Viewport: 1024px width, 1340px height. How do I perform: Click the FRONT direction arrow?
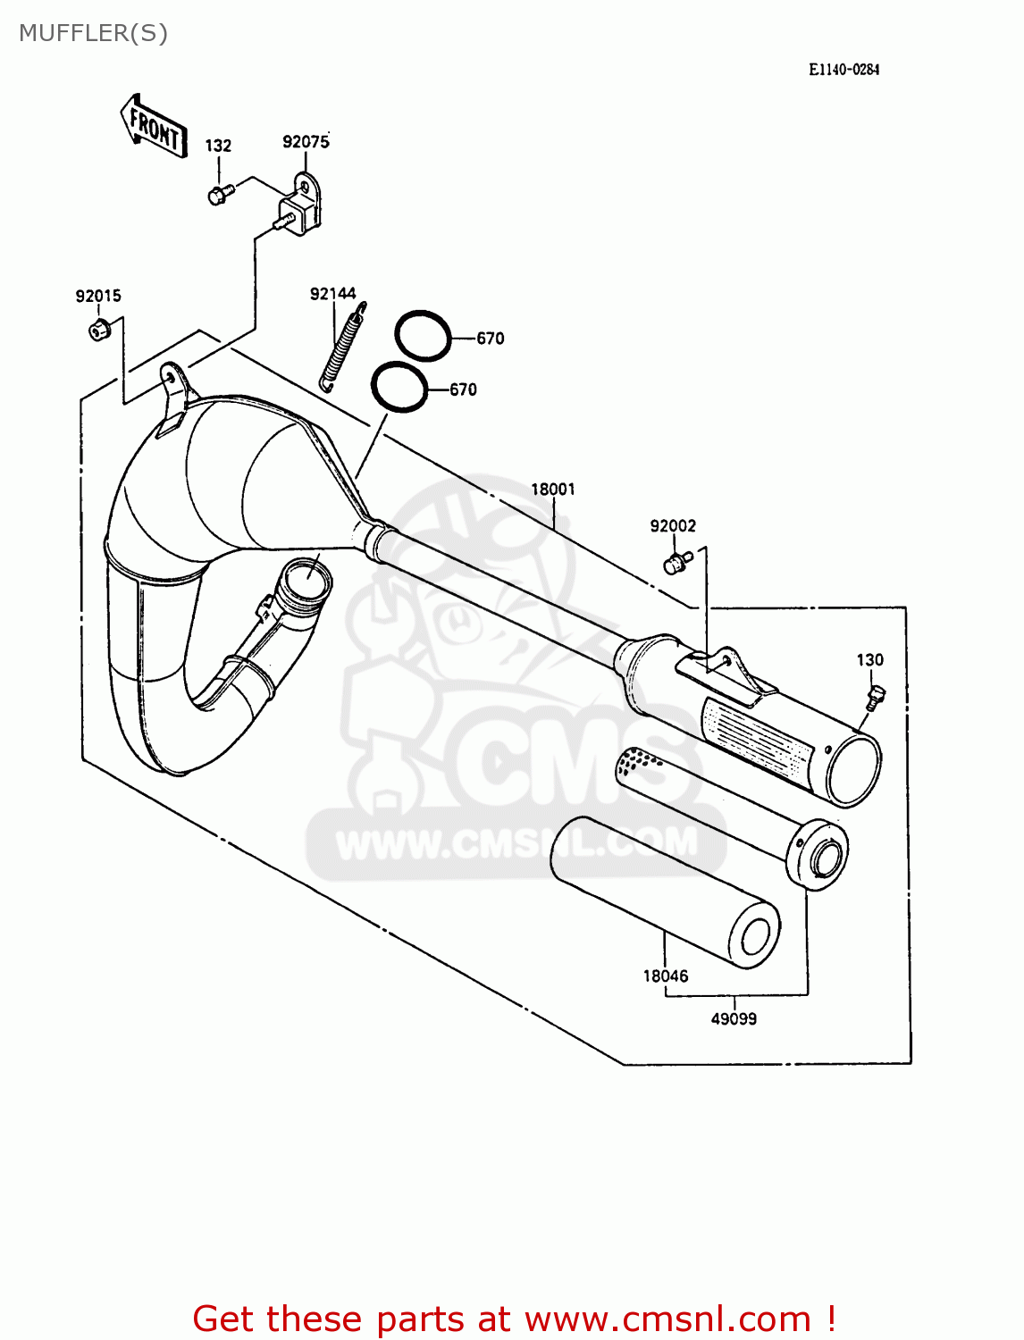click(x=154, y=128)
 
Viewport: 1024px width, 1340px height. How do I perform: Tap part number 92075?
click(x=306, y=142)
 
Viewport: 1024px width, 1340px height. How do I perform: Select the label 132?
click(x=218, y=146)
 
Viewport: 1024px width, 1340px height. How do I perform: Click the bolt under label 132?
click(x=219, y=194)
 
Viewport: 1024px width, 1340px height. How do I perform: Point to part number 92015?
click(x=98, y=297)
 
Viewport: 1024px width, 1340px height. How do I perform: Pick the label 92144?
click(x=332, y=294)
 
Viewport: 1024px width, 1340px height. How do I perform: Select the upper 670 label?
click(x=490, y=339)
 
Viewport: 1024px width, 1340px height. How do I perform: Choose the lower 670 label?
click(x=463, y=389)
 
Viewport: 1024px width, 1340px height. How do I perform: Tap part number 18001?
click(x=553, y=490)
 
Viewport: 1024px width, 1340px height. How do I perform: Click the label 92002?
click(x=673, y=526)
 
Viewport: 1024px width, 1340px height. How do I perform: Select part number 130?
click(x=869, y=660)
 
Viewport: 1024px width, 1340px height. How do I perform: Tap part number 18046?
click(x=666, y=976)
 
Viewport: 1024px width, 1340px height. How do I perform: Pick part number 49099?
click(x=734, y=1018)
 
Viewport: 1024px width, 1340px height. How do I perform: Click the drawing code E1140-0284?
click(x=844, y=70)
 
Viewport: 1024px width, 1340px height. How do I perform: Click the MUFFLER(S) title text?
click(x=93, y=33)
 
